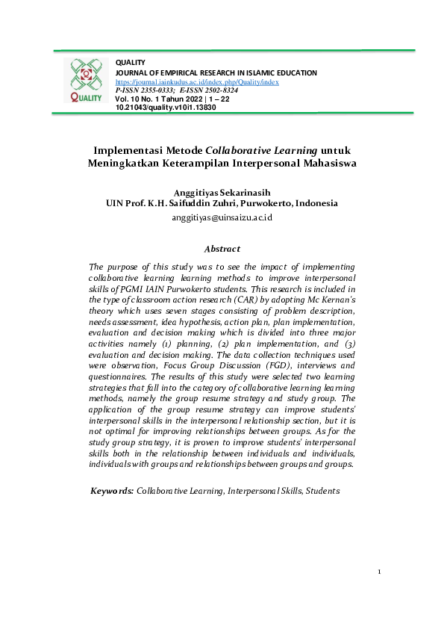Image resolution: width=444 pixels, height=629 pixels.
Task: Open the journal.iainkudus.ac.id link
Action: pos(197,81)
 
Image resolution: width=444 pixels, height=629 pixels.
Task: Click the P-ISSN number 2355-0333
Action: pos(156,90)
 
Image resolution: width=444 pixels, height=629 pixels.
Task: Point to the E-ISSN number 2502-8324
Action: pos(222,90)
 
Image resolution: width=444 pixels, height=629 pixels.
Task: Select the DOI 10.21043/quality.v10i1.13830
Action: pos(166,108)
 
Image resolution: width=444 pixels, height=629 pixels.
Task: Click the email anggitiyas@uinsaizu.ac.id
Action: pos(222,217)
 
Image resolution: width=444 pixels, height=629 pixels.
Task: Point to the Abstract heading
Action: pos(222,249)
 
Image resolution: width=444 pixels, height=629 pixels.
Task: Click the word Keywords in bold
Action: pos(112,491)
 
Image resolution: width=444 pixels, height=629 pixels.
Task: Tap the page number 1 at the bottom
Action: pos(379,572)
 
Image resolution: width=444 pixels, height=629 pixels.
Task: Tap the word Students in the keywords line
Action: pos(320,491)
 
